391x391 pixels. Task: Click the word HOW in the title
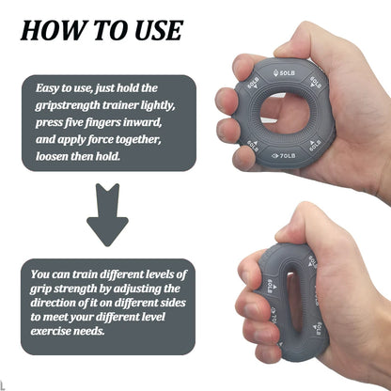49,30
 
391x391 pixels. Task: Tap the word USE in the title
149,30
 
